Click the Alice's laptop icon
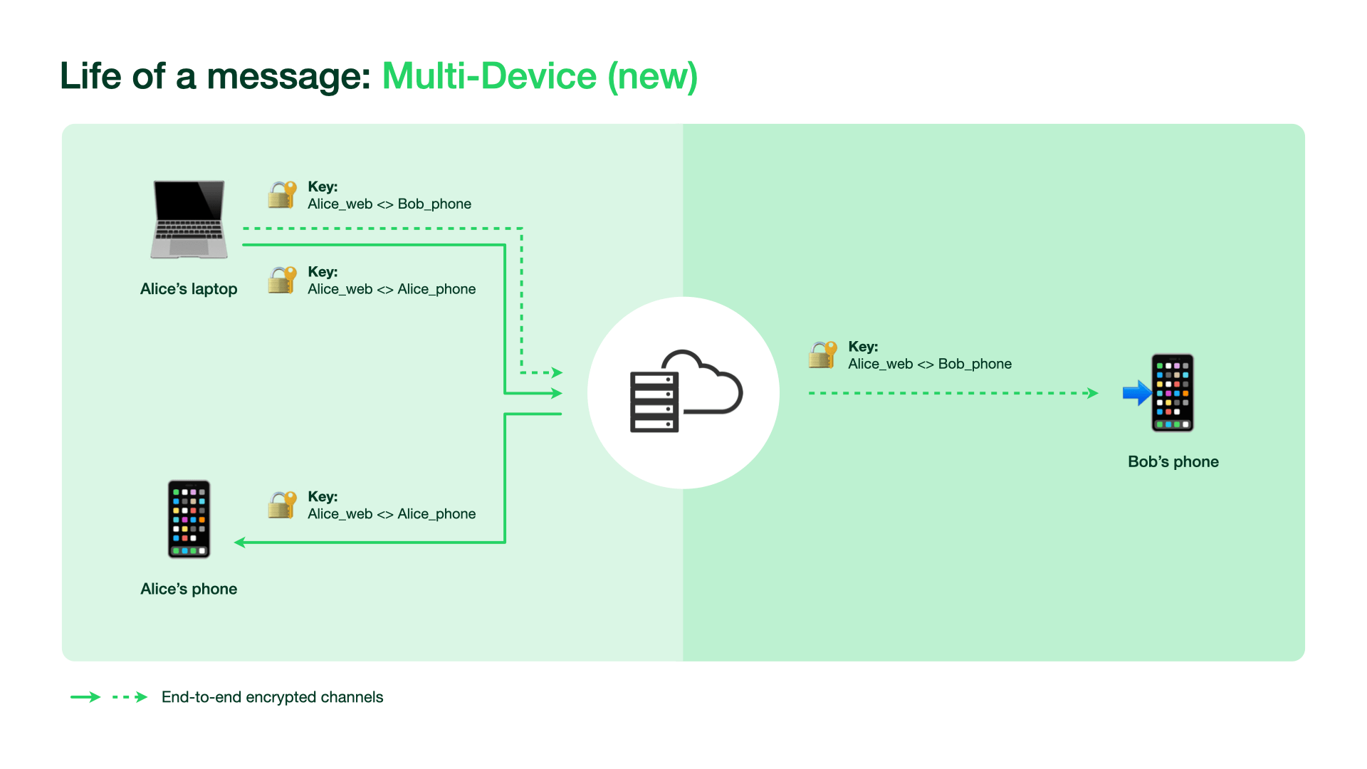189,219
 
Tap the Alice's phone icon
189,519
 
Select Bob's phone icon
1173,392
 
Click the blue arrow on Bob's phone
1137,392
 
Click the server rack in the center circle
654,402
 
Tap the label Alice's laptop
189,289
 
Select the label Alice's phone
189,589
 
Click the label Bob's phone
1173,461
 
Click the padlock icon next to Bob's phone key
822,355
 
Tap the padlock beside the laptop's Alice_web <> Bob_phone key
282,194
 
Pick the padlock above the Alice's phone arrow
282,505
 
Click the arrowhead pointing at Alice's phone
240,543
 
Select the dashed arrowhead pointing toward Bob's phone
1092,393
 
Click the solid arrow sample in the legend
85,697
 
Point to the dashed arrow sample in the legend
130,697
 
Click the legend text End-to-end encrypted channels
272,697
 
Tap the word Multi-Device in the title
489,76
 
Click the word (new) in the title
652,76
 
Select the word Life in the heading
90,76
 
